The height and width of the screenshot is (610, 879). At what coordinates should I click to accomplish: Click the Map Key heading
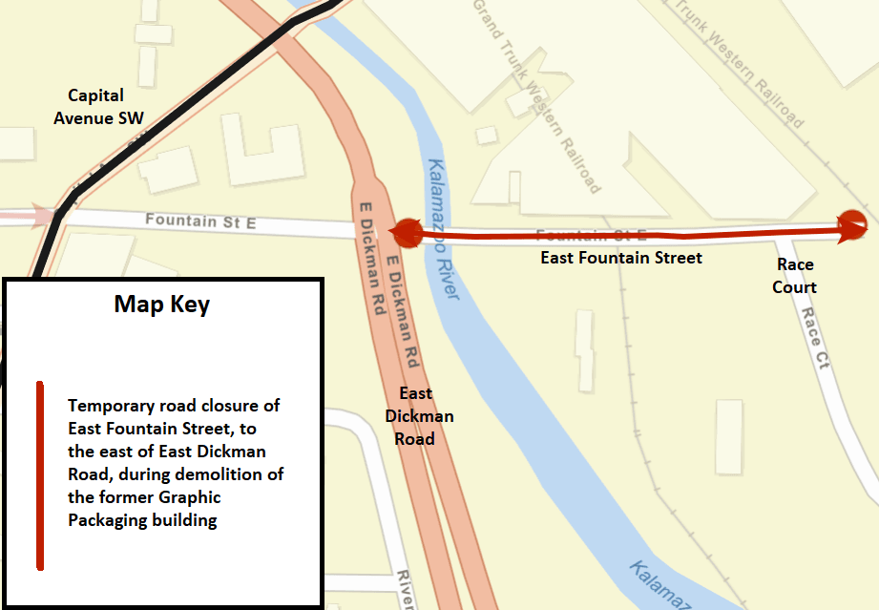[x=162, y=305]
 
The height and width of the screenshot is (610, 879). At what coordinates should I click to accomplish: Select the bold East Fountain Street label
[x=620, y=258]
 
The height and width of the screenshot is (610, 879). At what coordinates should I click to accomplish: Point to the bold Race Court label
[x=795, y=275]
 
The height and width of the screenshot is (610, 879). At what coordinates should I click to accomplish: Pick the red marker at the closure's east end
[x=850, y=225]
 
